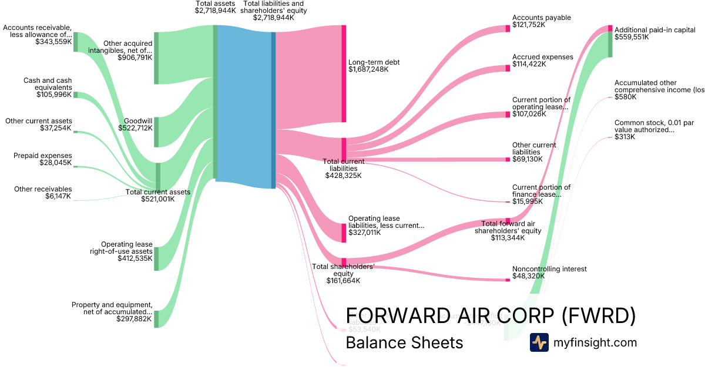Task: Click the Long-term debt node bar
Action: [344, 73]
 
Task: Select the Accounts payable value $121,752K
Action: [529, 25]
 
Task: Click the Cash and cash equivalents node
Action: [75, 95]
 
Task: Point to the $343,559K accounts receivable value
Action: [53, 42]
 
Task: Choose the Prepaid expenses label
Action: [43, 156]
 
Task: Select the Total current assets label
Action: [158, 192]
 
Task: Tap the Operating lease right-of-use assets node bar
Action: [156, 259]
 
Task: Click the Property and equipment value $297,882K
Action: [135, 319]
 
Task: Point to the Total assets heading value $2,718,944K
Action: [216, 11]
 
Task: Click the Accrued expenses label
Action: [542, 57]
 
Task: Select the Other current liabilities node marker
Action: [508, 159]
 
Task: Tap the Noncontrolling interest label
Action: [549, 269]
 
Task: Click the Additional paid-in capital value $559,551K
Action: [632, 36]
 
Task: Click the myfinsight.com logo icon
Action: [539, 342]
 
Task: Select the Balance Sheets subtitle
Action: [404, 342]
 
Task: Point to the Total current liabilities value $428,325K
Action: [344, 175]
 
